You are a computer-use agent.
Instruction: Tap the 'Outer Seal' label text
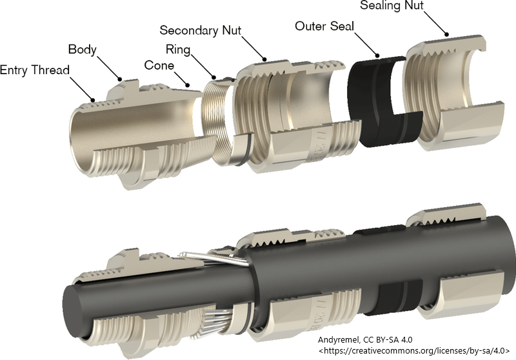tap(325, 26)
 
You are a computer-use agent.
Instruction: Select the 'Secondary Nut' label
tap(204, 30)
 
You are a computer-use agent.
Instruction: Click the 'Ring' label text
tap(178, 49)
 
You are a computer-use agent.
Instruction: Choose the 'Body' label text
tap(82, 50)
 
